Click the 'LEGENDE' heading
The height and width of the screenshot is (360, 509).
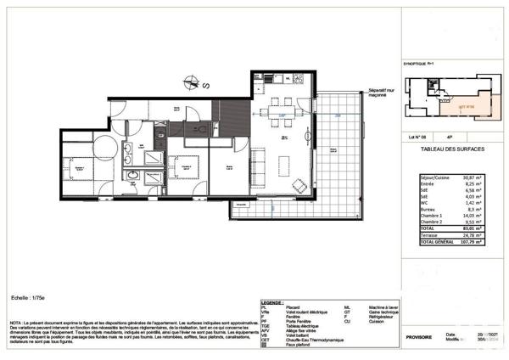tap(272, 302)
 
